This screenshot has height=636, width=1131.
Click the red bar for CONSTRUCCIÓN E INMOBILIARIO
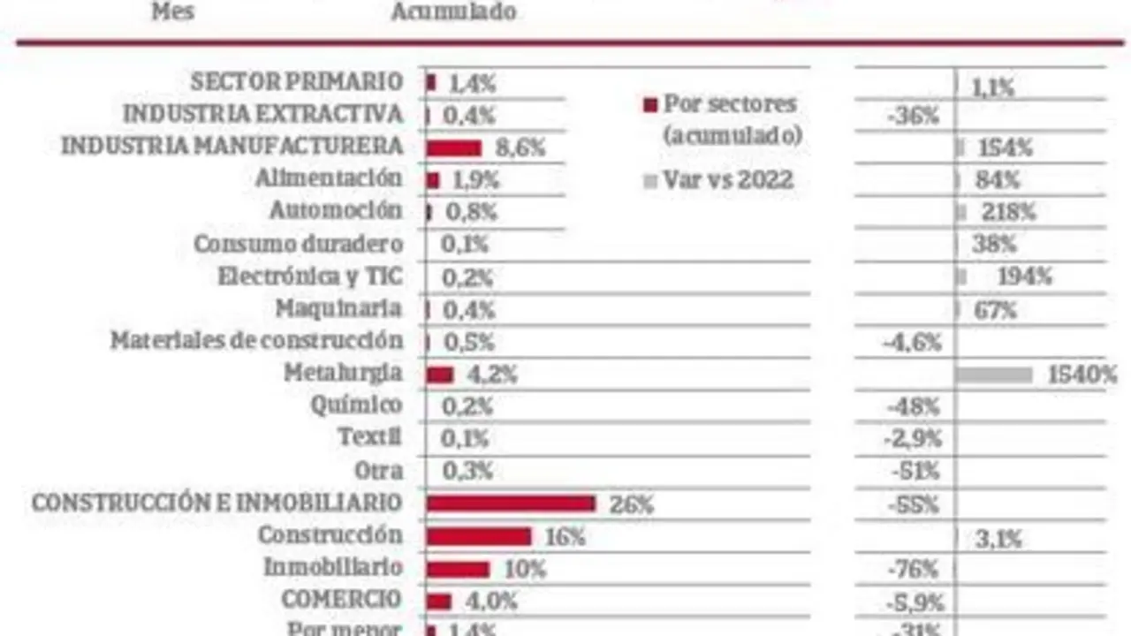(511, 503)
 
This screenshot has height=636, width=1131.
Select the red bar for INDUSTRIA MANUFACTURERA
(454, 148)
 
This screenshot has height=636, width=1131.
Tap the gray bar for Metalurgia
(994, 375)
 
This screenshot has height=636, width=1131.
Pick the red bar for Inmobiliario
(458, 569)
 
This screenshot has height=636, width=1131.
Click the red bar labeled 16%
(479, 536)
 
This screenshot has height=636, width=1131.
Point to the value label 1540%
(1082, 375)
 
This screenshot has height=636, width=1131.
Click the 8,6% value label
(520, 148)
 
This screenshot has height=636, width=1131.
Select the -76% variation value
(912, 570)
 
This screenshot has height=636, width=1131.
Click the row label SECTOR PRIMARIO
(297, 82)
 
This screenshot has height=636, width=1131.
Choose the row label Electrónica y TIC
(310, 276)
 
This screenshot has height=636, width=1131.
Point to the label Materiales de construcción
(256, 341)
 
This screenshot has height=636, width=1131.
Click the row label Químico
(356, 405)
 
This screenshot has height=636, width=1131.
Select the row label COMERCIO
(341, 599)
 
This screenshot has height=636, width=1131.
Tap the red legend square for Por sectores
(650, 105)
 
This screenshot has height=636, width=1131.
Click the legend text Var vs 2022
(729, 181)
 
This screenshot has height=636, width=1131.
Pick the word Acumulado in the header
(453, 12)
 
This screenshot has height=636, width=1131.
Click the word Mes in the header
(173, 12)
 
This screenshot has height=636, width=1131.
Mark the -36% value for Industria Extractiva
(912, 116)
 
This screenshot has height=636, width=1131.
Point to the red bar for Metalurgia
(440, 375)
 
